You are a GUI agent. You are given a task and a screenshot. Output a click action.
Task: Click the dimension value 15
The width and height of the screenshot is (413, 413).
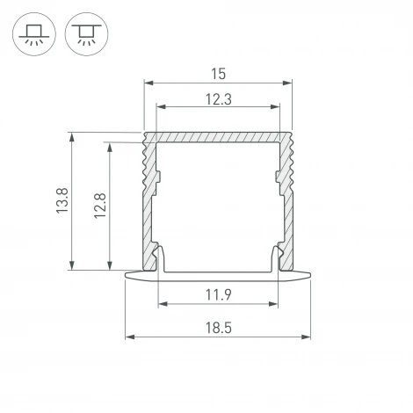(219, 74)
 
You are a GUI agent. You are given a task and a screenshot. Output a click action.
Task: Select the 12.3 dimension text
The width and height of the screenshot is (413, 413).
(219, 99)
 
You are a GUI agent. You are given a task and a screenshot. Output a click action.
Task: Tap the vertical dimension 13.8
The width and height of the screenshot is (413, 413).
(62, 200)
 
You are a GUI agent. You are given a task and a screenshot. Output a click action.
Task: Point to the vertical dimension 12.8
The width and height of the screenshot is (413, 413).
(100, 206)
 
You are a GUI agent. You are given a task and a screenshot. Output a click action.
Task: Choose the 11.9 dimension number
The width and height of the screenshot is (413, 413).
(219, 294)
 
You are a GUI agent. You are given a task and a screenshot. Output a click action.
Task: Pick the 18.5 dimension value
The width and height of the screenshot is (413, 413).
(219, 328)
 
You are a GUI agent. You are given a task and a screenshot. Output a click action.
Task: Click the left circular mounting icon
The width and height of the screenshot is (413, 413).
(34, 34)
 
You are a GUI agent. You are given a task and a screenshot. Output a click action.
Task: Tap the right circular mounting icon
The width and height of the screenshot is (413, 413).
(86, 34)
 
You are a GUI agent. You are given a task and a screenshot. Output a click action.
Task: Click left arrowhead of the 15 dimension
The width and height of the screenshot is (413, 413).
(149, 83)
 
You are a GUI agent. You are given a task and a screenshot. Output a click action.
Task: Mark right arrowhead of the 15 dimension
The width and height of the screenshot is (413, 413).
(287, 83)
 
